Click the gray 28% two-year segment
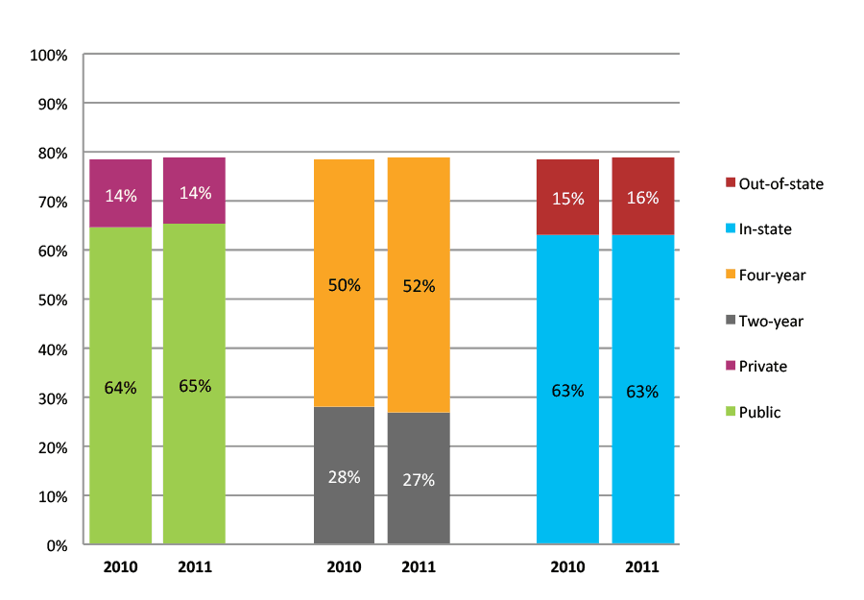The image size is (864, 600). (x=344, y=476)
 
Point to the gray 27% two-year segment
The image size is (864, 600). (x=419, y=479)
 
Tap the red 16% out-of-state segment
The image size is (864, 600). (x=642, y=197)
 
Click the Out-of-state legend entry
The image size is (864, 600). (x=773, y=183)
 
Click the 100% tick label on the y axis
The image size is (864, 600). (x=49, y=56)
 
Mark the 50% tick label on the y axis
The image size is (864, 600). (x=52, y=300)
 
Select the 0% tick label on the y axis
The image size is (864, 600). (x=56, y=546)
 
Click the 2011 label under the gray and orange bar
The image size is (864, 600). (x=419, y=567)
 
